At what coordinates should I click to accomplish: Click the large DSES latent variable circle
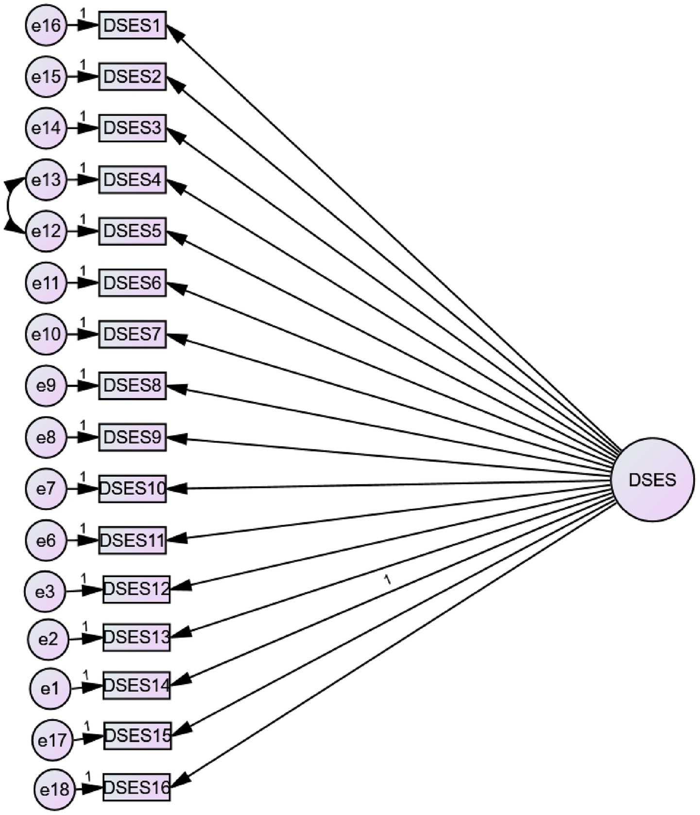tap(652, 480)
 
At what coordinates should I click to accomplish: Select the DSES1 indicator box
tap(132, 25)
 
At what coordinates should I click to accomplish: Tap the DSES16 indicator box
tap(137, 787)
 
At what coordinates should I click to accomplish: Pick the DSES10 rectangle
tap(132, 488)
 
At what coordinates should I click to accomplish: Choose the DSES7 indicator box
tap(132, 334)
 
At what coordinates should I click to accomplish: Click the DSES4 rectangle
tap(132, 180)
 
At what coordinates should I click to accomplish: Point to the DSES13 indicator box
tap(137, 637)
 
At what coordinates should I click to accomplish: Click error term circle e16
tap(46, 25)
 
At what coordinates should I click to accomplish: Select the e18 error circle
tap(54, 790)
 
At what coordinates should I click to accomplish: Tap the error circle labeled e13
tap(46, 180)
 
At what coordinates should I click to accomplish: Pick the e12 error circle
tap(46, 231)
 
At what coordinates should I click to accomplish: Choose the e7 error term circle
tap(46, 488)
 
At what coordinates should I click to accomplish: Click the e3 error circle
tap(45, 591)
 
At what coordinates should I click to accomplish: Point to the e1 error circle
tap(50, 689)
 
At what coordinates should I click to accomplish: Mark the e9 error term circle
tap(46, 386)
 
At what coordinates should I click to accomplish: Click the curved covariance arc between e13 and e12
tap(8, 206)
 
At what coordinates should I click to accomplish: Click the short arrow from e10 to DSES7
tap(82, 334)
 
